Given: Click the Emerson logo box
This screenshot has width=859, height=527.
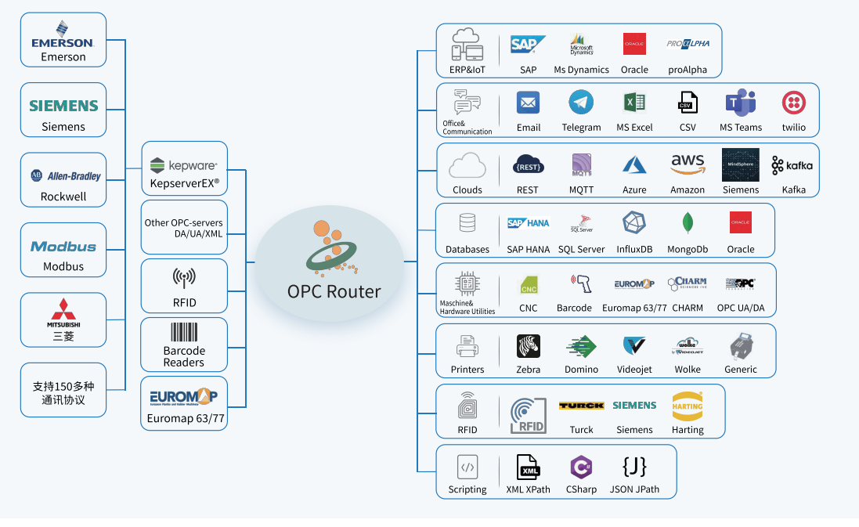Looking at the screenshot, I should coord(63,40).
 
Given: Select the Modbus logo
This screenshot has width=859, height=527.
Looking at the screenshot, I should coord(63,246).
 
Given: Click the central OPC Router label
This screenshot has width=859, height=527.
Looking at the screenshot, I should coord(334,292).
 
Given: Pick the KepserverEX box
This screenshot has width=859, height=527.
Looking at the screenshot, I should coord(184,168).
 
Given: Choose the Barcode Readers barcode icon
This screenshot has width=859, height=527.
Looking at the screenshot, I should coord(184,332).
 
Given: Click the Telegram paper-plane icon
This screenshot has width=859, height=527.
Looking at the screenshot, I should coord(581,103).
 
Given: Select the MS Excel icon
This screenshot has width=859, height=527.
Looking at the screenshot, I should coord(634,103).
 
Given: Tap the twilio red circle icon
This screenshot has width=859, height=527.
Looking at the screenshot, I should coord(794,103).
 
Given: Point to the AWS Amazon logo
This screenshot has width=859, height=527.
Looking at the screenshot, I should coord(688,164).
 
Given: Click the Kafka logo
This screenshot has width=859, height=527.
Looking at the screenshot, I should coord(792,165).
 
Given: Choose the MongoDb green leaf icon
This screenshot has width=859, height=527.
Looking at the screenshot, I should coord(688,223).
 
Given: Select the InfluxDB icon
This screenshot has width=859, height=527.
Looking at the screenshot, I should coord(634,223).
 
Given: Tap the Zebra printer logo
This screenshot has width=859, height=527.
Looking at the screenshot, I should coord(529,345).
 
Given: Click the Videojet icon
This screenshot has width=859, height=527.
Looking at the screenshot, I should coord(634,345).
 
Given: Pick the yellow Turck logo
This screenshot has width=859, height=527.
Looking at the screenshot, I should coord(581,406).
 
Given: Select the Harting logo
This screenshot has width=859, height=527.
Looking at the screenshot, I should coord(688,406).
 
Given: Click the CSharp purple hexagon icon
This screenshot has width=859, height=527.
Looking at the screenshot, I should coord(581,467).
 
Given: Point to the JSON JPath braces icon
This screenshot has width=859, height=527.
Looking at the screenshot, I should coord(634,467).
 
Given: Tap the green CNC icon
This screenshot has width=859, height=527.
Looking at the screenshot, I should coord(529,284).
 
